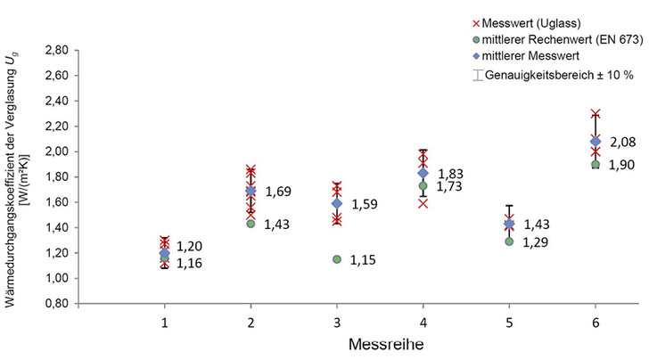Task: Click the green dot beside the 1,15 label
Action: (337, 259)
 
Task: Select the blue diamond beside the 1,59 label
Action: (337, 204)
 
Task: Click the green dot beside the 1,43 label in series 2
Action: (251, 224)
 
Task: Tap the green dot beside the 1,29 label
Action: (509, 241)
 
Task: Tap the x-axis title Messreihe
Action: (380, 341)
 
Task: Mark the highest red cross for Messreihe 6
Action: (596, 114)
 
